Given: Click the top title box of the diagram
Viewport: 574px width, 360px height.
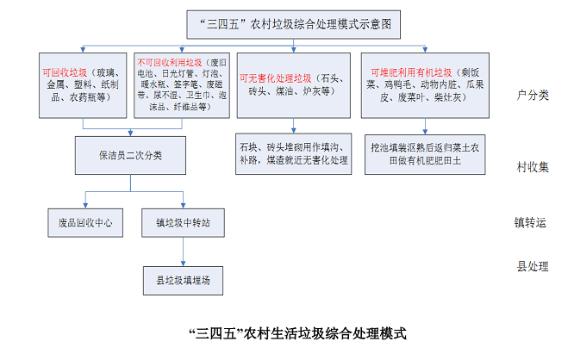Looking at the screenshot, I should (x=294, y=25).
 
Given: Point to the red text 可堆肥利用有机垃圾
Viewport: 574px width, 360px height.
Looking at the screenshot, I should (x=412, y=71).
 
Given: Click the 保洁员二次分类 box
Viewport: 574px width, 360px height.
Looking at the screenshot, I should (x=130, y=156).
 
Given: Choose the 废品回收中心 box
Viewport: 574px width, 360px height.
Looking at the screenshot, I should (x=85, y=222).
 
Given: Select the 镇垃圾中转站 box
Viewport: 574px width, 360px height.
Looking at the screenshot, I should (x=183, y=222).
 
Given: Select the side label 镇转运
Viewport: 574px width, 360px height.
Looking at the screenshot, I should (x=532, y=221).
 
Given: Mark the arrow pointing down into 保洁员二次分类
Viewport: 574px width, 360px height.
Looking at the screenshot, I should (x=130, y=133).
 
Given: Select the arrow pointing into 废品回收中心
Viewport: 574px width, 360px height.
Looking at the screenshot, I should (x=85, y=198).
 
